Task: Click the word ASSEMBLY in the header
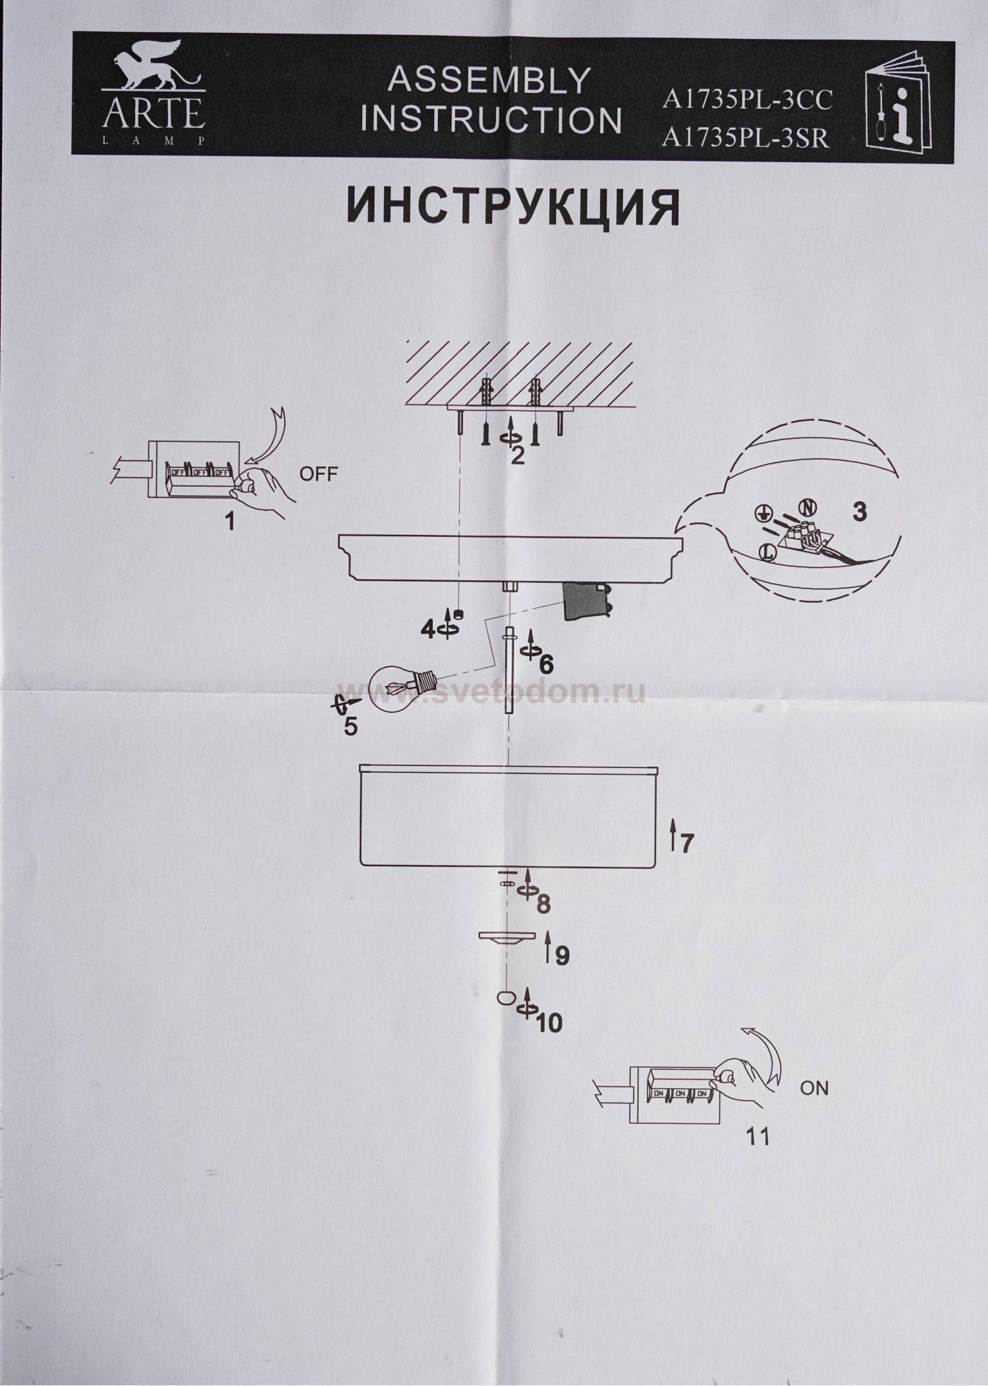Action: pos(489,81)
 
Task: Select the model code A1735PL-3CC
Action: pos(748,100)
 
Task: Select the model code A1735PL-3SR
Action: pos(746,138)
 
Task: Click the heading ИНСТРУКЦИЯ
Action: pos(513,208)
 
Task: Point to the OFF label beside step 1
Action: pos(318,474)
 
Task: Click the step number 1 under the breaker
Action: pos(229,522)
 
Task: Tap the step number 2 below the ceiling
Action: pos(518,455)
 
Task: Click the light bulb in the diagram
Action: pos(397,688)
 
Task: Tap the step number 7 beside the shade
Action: pos(687,843)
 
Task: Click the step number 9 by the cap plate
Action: pos(562,956)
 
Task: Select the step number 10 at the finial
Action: pos(549,1022)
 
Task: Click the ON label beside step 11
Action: pos(814,1088)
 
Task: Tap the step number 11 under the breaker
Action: pos(758,1137)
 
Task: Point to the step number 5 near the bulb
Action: pos(350,727)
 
